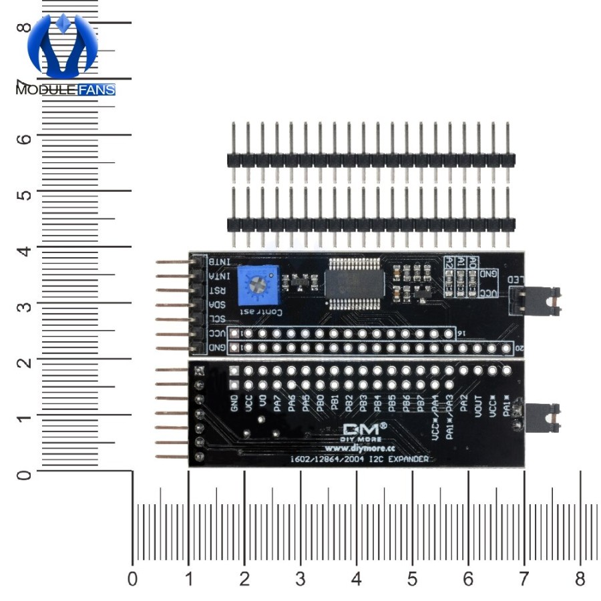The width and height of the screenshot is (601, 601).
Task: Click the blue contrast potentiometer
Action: pos(260,282)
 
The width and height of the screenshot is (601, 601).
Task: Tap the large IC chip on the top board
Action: pos(355,282)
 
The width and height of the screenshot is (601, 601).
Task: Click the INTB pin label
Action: pos(220,261)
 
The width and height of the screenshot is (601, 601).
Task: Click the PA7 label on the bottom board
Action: pos(277,403)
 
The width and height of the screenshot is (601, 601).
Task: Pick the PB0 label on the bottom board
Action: pos(320,405)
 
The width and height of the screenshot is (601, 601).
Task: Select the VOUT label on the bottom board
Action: pos(478,406)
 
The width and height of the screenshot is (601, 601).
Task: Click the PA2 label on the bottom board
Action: pos(464,403)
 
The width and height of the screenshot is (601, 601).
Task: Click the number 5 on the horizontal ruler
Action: pos(412,579)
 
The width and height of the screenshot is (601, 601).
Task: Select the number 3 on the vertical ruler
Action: pos(24,305)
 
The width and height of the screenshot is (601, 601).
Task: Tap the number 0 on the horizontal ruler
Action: pos(132,579)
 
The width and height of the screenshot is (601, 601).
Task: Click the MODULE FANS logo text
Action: pos(65,89)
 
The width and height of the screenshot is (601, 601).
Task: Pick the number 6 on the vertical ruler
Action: pos(24,138)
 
